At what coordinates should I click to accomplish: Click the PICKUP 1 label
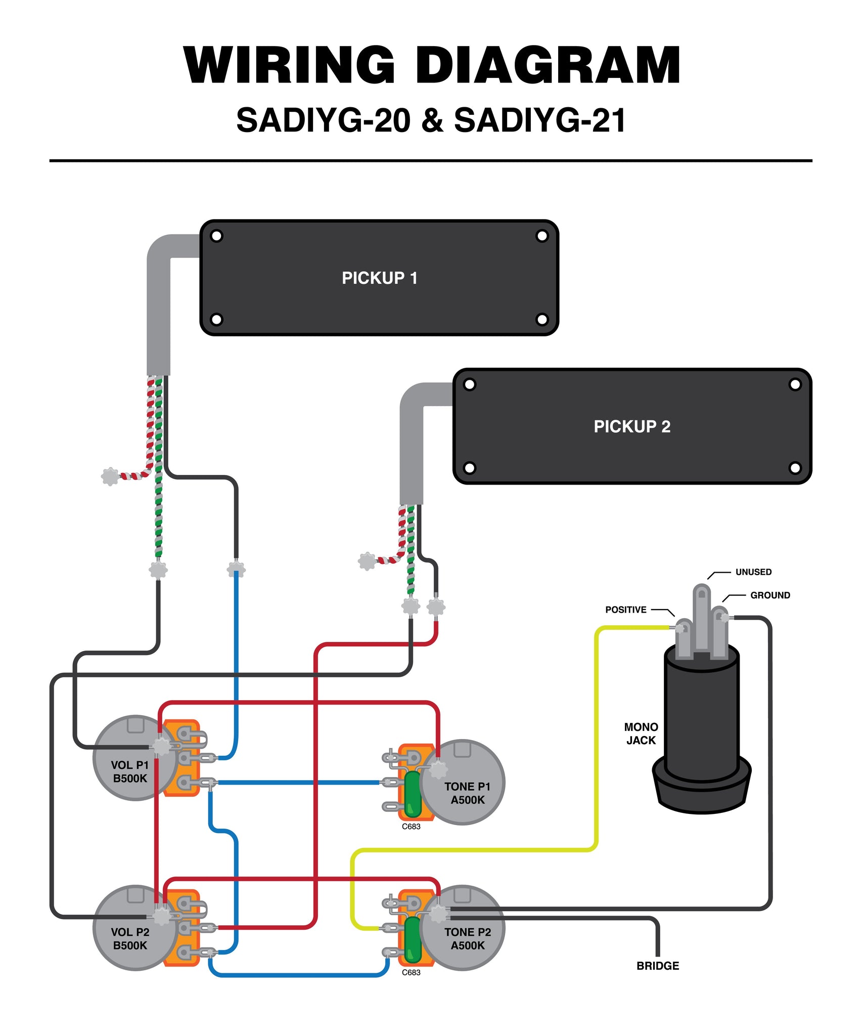379,278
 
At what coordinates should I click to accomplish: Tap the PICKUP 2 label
631,426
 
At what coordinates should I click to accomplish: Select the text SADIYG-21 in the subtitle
539,120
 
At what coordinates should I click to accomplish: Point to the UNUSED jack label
753,572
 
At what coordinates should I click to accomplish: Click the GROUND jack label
769,595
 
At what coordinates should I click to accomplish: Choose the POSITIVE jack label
625,610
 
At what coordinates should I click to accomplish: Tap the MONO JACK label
641,733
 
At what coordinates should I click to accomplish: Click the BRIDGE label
657,966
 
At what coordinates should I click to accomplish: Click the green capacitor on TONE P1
413,794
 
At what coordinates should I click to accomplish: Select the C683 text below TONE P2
411,972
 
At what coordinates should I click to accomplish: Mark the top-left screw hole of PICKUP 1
216,236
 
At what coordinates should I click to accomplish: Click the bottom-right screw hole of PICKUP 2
795,468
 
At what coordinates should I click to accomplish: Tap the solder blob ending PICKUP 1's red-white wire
110,477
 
